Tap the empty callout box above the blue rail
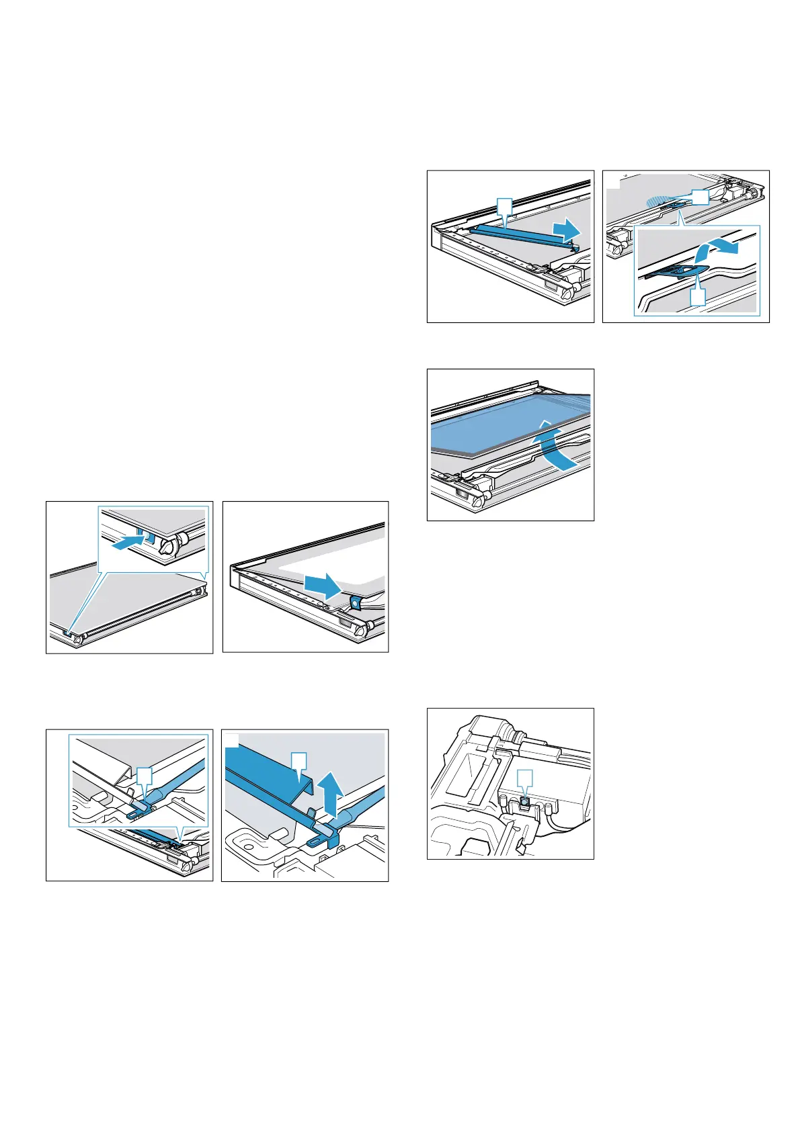[x=504, y=206]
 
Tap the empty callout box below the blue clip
[x=698, y=297]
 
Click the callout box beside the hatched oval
[x=700, y=197]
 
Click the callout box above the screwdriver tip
[x=145, y=778]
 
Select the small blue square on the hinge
[x=525, y=801]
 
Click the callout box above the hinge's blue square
[x=525, y=778]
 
